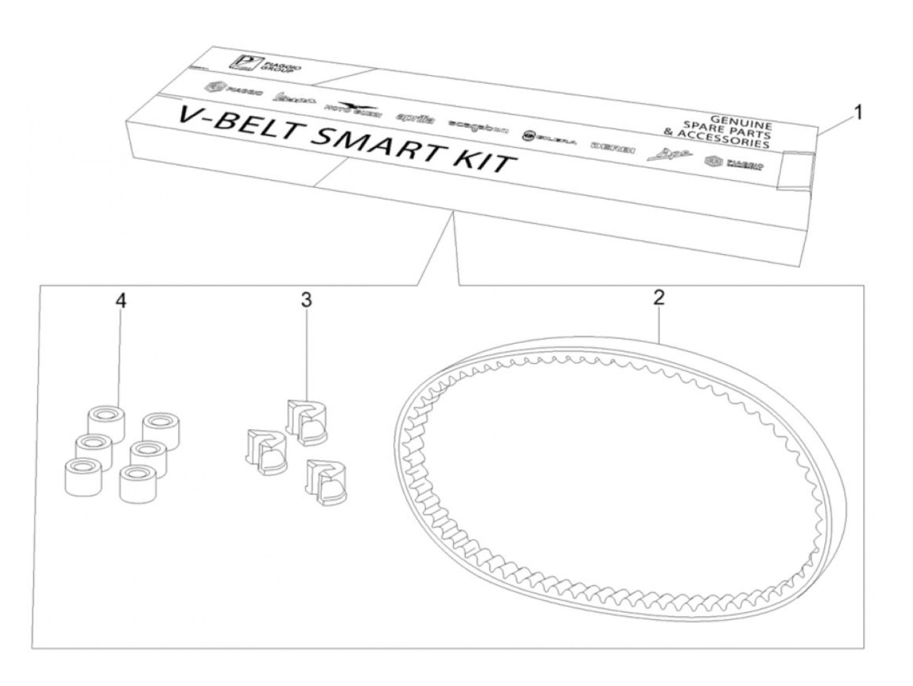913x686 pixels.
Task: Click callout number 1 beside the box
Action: pos(858,113)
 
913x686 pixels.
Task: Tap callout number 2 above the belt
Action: pos(659,299)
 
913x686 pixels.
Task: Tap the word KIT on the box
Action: pos(487,160)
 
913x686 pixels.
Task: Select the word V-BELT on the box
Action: pos(218,123)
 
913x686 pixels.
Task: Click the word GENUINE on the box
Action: pos(741,120)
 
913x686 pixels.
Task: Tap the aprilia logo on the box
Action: pos(415,118)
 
